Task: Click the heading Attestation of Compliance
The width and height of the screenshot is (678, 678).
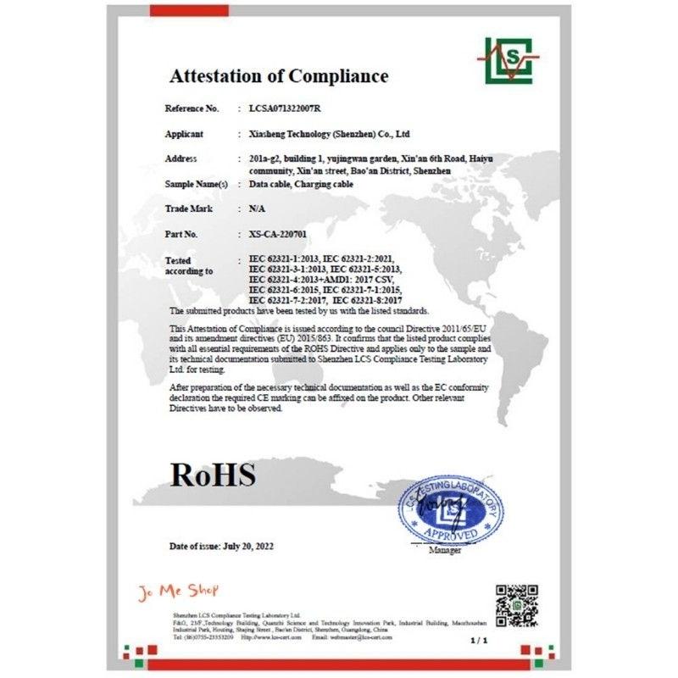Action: [279, 75]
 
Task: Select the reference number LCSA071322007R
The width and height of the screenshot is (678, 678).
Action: [285, 109]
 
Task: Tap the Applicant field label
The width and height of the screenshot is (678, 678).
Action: [184, 134]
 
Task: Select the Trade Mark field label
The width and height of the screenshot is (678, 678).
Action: [188, 208]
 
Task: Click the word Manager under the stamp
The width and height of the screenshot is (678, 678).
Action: [445, 551]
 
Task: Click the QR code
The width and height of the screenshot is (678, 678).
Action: [517, 604]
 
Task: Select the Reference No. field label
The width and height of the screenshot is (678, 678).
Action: [192, 109]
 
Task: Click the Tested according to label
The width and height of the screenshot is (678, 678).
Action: [184, 266]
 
